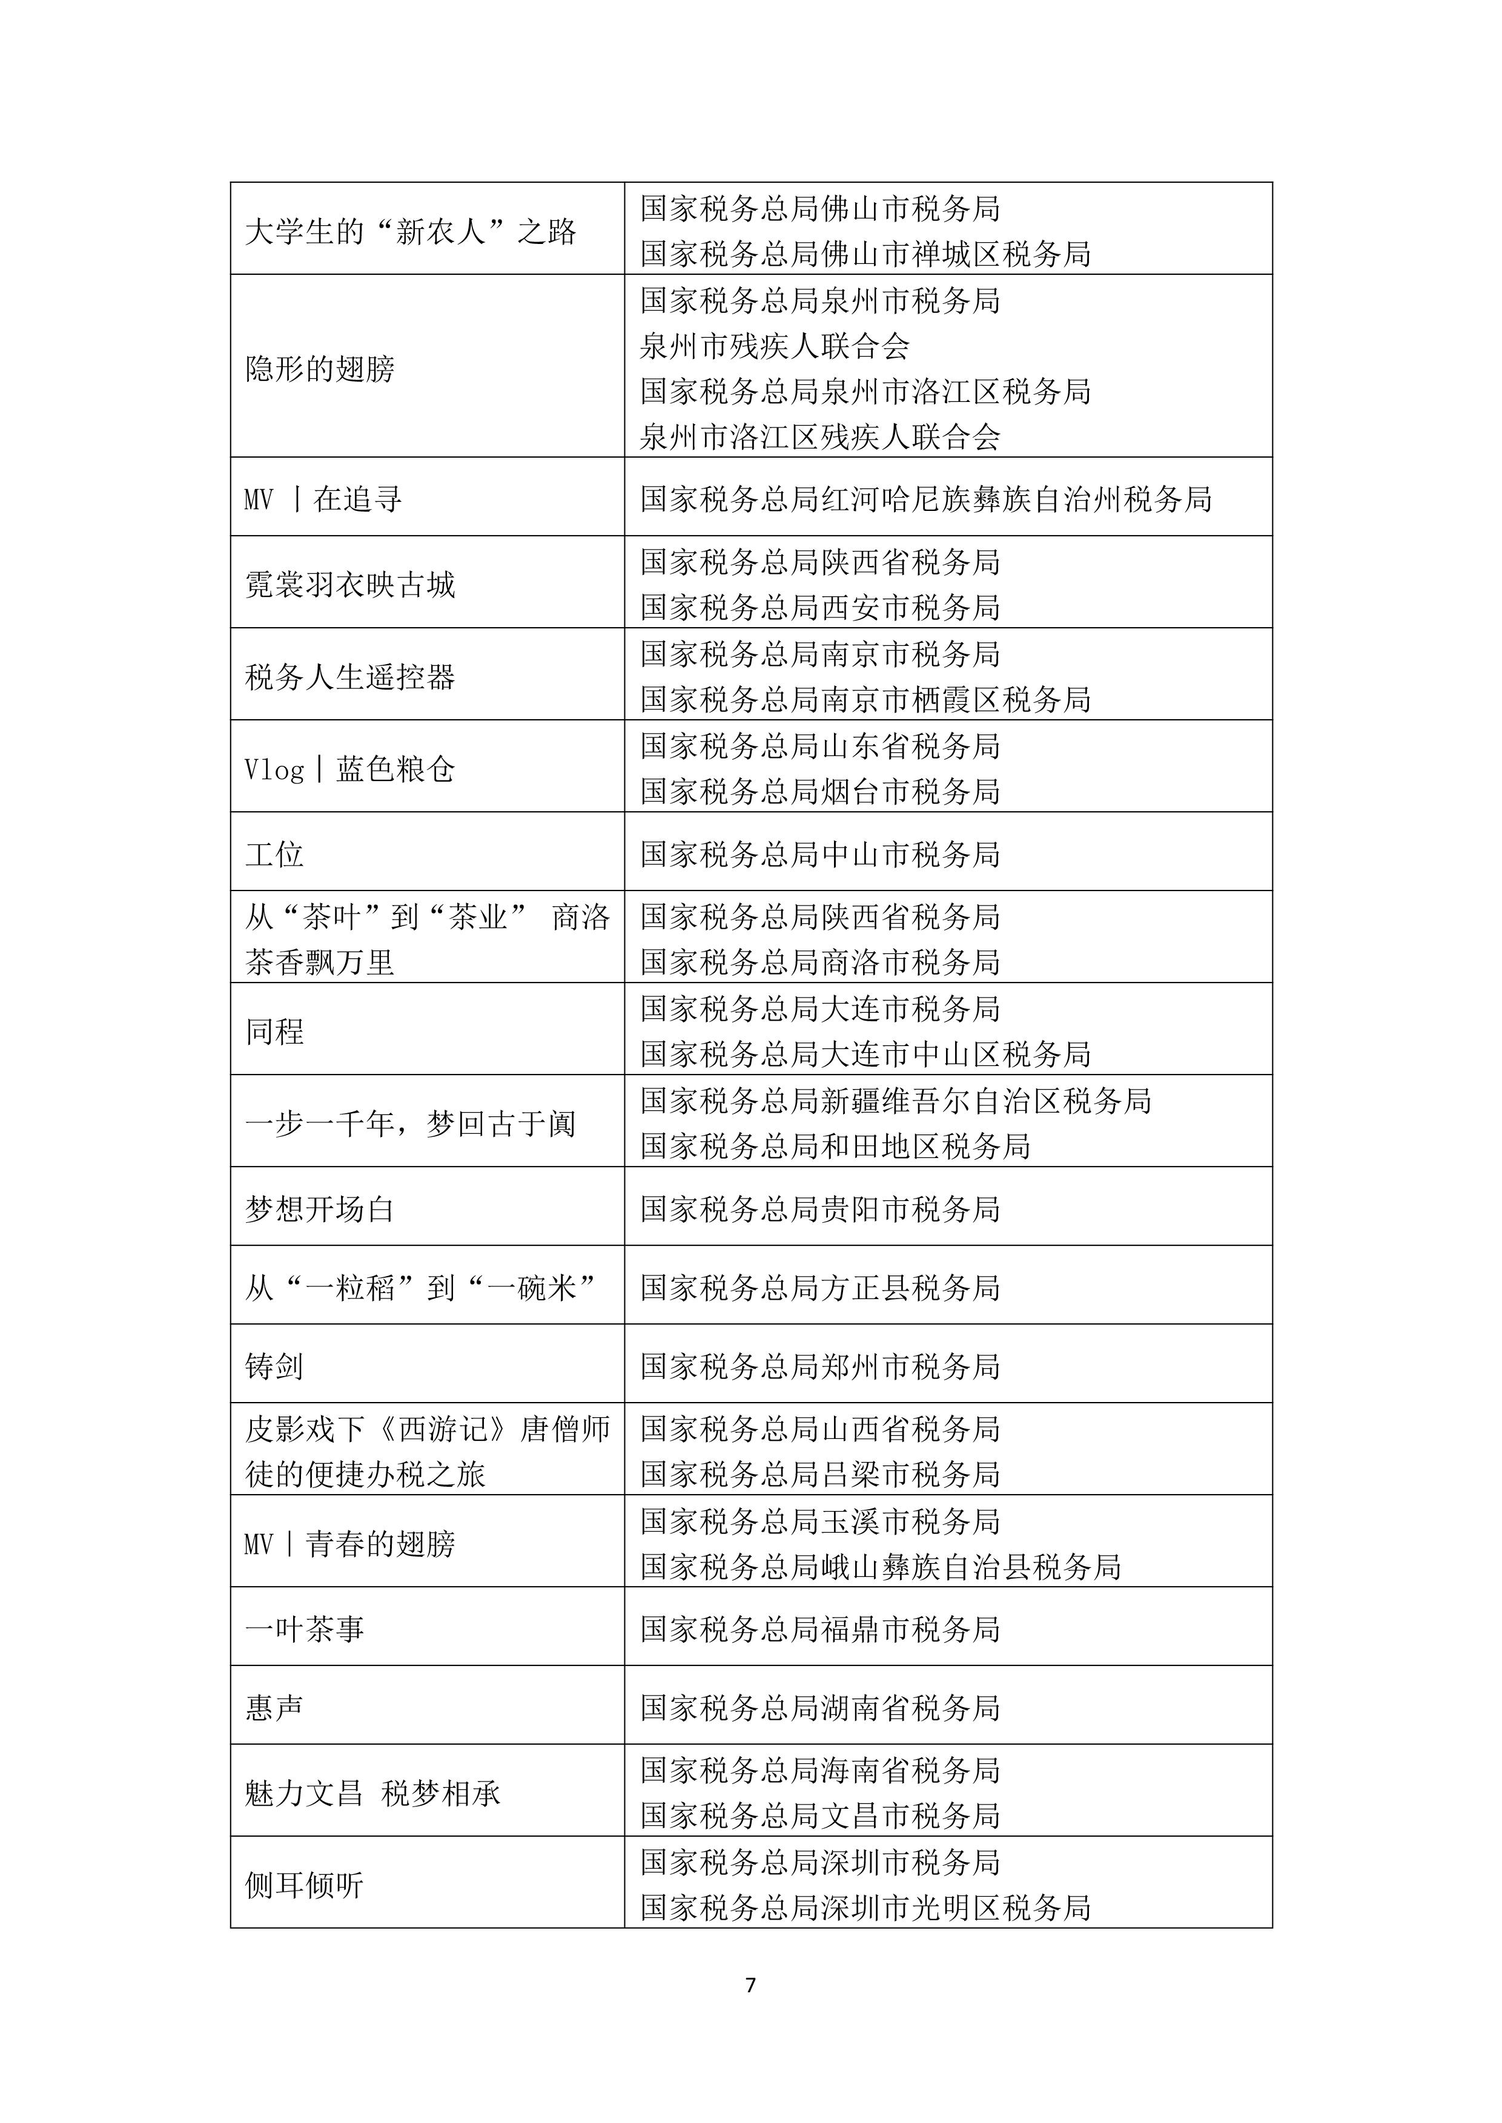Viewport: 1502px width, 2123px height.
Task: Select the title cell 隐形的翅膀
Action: tap(320, 369)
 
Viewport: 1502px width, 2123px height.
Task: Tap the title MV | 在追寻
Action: tap(323, 499)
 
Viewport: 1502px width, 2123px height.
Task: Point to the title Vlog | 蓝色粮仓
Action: tap(349, 769)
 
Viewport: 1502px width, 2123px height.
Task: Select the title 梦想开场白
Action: tap(320, 1208)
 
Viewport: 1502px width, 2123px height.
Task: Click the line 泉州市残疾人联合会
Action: tap(775, 346)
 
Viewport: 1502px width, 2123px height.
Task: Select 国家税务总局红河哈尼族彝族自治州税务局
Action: tap(926, 499)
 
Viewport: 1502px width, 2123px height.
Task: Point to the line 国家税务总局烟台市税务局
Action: tap(821, 791)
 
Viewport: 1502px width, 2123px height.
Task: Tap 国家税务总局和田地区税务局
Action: tap(835, 1147)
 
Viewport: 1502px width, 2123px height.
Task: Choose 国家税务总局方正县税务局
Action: tap(821, 1287)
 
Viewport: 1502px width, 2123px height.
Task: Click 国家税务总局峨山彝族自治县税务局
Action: tap(881, 1566)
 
